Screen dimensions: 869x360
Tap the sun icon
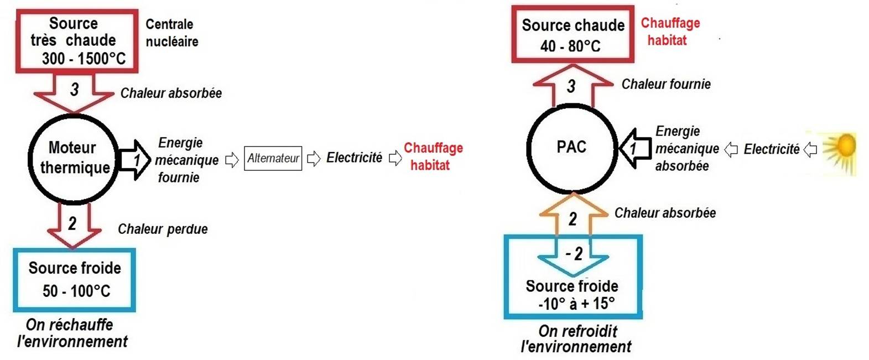(x=840, y=152)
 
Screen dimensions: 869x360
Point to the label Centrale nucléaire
(x=172, y=33)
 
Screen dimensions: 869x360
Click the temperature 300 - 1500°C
(x=84, y=59)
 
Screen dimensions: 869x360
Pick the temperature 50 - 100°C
(x=76, y=291)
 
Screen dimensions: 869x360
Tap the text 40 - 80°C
(x=570, y=46)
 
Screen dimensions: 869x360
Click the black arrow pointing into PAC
(x=635, y=148)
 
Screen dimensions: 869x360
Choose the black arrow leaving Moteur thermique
(x=134, y=160)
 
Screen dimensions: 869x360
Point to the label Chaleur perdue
(x=163, y=229)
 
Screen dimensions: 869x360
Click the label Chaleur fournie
(x=666, y=84)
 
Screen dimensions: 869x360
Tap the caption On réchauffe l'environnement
(x=72, y=333)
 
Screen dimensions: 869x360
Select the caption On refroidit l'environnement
(x=576, y=339)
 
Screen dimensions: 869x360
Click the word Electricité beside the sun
(x=771, y=149)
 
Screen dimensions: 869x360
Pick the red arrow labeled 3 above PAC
(x=573, y=85)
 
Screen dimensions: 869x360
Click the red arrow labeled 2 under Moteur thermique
(x=72, y=226)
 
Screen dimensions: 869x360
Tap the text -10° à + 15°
(x=576, y=304)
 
